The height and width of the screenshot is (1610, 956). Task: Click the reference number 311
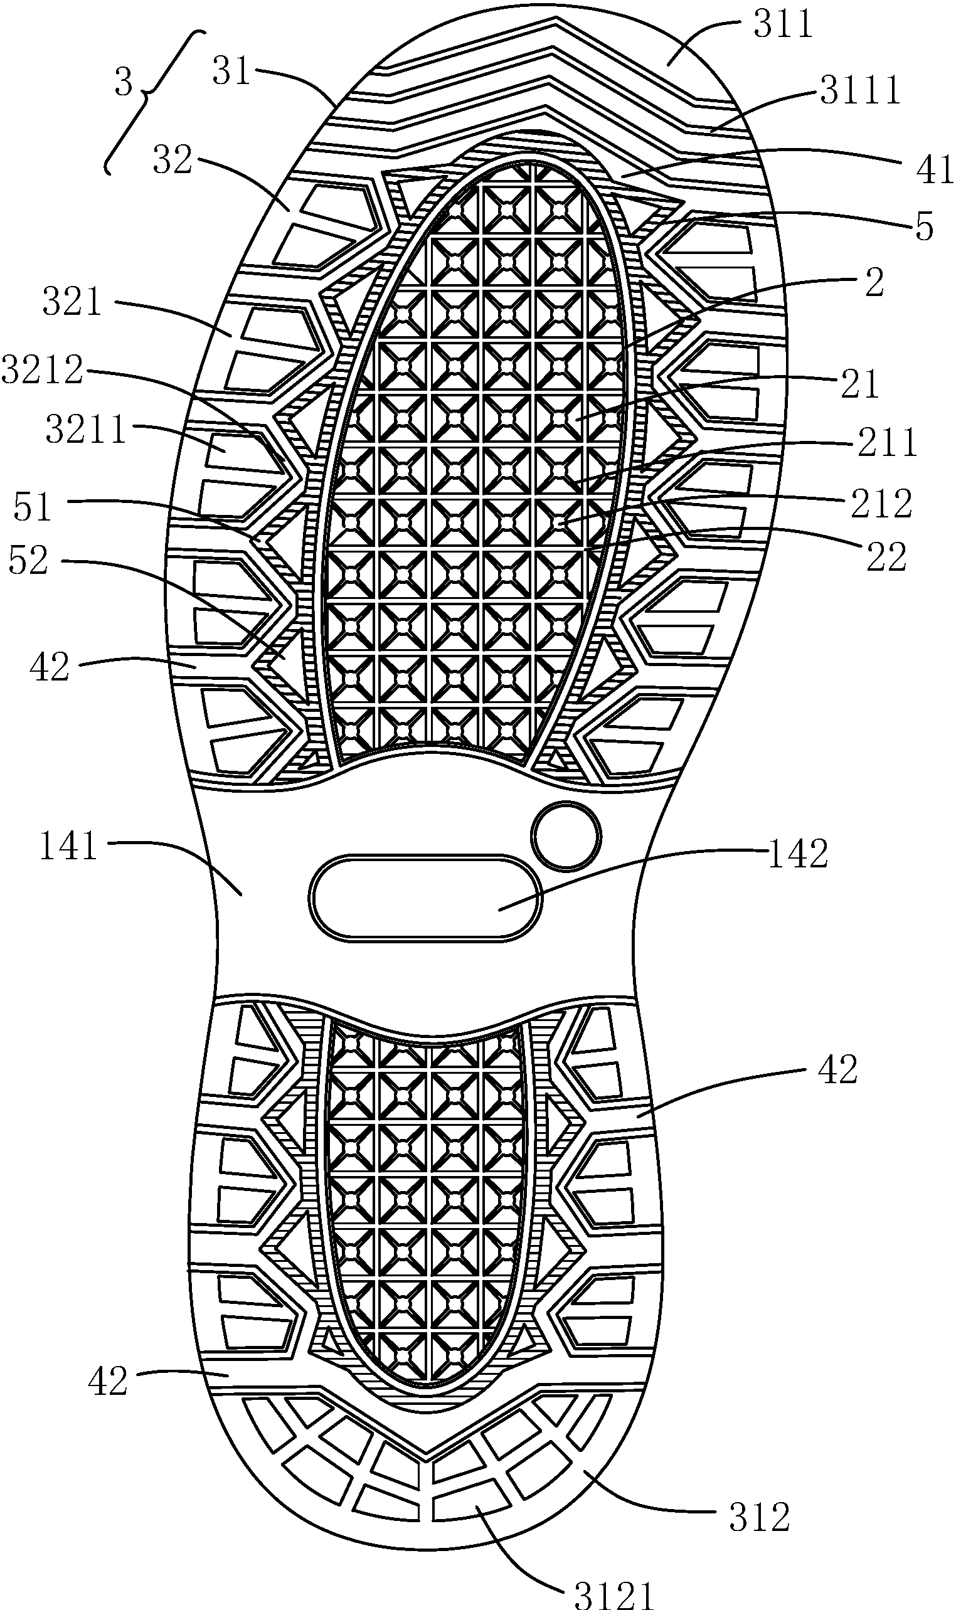pos(783,26)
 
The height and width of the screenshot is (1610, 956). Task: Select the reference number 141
pos(68,846)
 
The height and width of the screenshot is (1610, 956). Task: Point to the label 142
pos(797,855)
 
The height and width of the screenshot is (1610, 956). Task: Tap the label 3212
pos(42,369)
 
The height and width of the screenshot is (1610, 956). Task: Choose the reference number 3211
pos(85,430)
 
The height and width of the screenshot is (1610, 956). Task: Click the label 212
pos(881,503)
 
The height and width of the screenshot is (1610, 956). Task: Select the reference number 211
pos(886,442)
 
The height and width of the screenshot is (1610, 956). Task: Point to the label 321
pos(72,301)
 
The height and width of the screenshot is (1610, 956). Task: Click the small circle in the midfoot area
pos(566,837)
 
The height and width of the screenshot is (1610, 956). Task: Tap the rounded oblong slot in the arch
pos(425,898)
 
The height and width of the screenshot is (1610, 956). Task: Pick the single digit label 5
pos(925,227)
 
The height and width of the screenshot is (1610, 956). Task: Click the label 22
pos(886,557)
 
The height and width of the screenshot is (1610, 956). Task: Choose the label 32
pos(173,160)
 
